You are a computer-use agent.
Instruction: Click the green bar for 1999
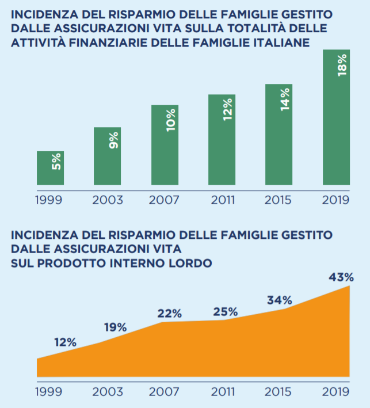pyautogui.click(x=50, y=168)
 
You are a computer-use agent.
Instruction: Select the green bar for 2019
pyautogui.click(x=336, y=117)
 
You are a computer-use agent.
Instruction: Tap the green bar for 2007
pyautogui.click(x=165, y=145)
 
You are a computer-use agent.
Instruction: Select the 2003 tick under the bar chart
pyautogui.click(x=108, y=200)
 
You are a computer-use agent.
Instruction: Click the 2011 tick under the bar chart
pyautogui.click(x=222, y=200)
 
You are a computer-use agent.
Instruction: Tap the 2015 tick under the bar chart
pyautogui.click(x=279, y=200)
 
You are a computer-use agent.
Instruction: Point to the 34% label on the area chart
pyautogui.click(x=280, y=300)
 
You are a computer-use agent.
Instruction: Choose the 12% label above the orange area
pyautogui.click(x=65, y=342)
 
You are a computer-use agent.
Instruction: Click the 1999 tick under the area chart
pyautogui.click(x=49, y=392)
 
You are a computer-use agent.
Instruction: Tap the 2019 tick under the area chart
pyautogui.click(x=335, y=392)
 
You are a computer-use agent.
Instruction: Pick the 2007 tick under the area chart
pyautogui.click(x=165, y=392)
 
